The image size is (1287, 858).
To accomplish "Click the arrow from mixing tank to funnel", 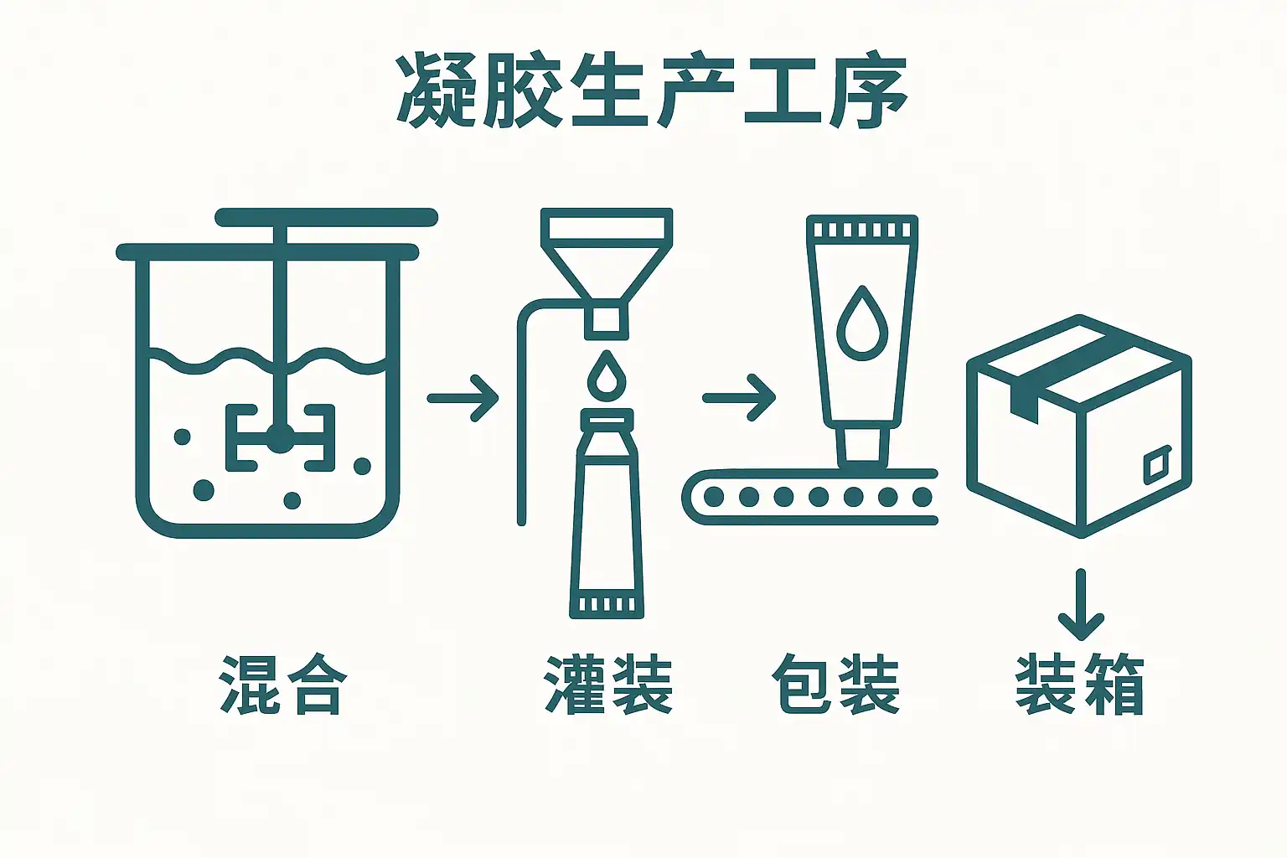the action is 463,398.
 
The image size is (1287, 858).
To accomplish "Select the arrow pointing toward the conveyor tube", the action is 739,398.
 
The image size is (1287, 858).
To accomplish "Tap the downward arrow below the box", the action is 1081,604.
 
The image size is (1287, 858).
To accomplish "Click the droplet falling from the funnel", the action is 607,376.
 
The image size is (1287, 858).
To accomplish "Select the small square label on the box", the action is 1157,465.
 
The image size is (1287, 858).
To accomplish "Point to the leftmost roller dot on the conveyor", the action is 714,497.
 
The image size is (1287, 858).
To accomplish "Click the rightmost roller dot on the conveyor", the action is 923,497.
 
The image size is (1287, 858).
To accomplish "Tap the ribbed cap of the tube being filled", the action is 607,604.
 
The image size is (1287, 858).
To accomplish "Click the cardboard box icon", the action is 1079,426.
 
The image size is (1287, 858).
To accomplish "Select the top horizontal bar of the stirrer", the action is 326,217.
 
